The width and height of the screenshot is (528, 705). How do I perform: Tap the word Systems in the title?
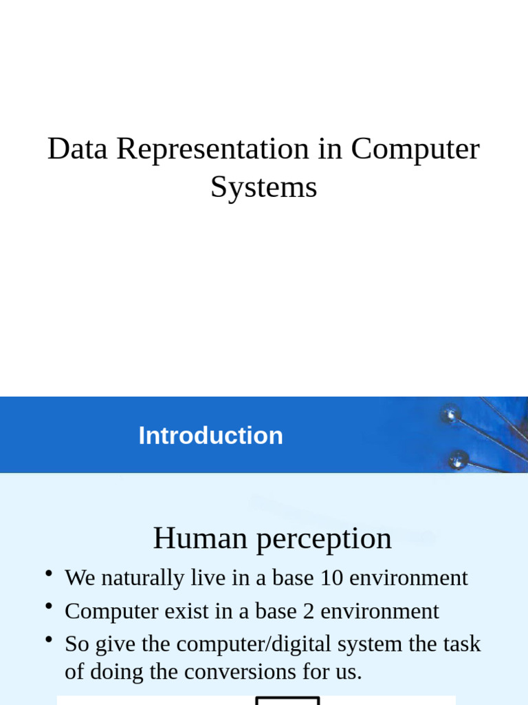tap(263, 187)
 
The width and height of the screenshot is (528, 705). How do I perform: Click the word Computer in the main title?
tap(415, 149)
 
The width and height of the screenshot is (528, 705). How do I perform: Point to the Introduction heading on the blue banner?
tap(210, 436)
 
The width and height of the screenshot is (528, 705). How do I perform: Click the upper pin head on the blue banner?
tap(451, 414)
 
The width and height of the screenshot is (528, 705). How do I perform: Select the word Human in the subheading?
tap(200, 538)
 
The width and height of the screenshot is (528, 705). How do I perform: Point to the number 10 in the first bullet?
tap(331, 578)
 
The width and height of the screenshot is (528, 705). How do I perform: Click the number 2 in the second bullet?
tap(307, 611)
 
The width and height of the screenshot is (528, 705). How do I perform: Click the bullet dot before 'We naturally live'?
tap(49, 574)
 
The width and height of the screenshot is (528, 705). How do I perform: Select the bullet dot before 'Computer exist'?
tap(49, 607)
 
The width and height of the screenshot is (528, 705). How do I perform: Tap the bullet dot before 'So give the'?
tap(49, 640)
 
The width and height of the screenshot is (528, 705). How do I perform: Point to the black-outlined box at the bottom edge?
tap(287, 701)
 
